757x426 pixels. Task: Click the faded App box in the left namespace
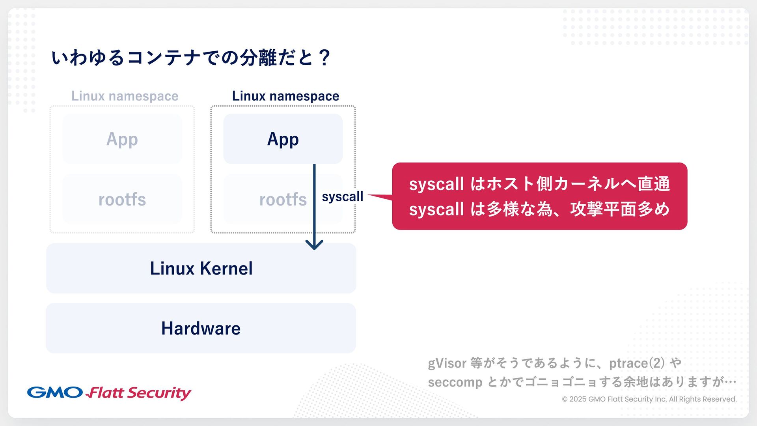coord(122,139)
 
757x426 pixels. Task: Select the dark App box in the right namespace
coord(283,139)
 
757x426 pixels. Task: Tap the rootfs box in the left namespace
coord(122,200)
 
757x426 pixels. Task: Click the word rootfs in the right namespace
coord(283,200)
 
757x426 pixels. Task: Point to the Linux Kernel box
coord(201,268)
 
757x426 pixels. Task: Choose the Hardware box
coord(201,328)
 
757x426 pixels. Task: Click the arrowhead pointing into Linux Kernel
coord(314,245)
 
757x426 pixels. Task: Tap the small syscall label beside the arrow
coord(342,196)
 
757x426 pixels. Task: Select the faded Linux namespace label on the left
coord(125,96)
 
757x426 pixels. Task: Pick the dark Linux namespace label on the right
coord(285,96)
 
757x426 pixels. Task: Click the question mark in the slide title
coord(325,58)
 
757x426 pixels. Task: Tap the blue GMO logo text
coord(55,392)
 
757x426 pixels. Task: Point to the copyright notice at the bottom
coord(649,399)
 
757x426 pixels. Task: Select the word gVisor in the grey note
coord(447,363)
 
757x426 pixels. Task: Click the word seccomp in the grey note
coord(455,382)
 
